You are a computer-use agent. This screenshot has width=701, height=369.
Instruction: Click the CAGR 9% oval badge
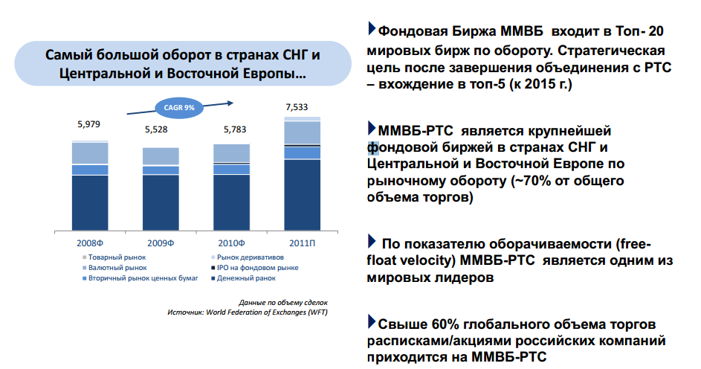pos(179,108)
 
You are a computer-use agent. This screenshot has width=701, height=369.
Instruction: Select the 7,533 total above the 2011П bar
pos(297,107)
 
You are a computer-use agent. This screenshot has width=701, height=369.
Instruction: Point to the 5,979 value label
pos(89,124)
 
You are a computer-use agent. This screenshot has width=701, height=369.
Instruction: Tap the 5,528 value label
pos(156,129)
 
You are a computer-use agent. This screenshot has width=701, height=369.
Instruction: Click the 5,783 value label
pos(235,129)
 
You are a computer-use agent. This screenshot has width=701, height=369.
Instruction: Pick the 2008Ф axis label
pos(90,243)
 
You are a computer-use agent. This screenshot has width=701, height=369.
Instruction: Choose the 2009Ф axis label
pos(161,243)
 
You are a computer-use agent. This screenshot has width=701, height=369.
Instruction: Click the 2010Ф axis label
pos(232,243)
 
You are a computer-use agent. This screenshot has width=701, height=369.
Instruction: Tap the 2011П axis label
pos(303,243)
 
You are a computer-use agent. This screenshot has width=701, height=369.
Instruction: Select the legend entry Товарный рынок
pos(114,257)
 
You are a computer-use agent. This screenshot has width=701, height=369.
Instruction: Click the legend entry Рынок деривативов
pos(248,257)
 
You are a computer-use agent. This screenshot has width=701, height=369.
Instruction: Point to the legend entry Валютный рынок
pos(114,268)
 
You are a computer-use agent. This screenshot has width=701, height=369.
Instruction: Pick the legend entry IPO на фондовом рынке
pos(255,268)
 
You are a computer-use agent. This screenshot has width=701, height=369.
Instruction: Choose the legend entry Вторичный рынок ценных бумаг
pos(140,278)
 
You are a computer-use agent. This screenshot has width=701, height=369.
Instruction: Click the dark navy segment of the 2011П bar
pos(303,195)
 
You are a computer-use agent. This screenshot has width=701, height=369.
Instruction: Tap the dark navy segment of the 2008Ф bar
pos(90,203)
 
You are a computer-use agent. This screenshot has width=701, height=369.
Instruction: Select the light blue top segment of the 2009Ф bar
pos(161,156)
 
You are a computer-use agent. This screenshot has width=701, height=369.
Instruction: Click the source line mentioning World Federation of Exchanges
pos(248,312)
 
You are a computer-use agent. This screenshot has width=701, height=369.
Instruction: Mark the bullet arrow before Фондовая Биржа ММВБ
pos(372,28)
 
